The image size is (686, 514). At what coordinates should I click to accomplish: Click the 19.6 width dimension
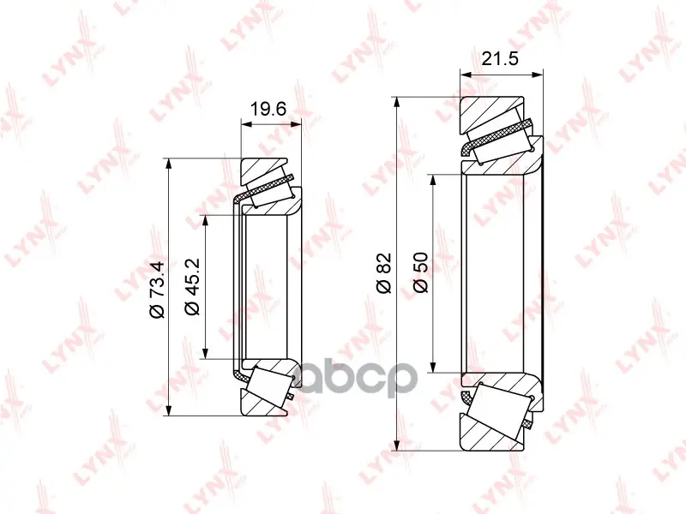(268, 109)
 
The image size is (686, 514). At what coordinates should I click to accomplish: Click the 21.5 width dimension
(500, 58)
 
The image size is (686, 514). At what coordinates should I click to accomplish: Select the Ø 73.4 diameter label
(157, 290)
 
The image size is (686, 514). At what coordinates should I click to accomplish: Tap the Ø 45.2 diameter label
(192, 286)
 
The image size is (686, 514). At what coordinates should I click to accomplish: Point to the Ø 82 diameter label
(383, 272)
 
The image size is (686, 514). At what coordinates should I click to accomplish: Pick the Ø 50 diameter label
(420, 272)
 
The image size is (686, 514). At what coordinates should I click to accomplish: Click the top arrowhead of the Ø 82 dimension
(397, 102)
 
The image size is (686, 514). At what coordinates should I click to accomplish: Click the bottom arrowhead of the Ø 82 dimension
(397, 445)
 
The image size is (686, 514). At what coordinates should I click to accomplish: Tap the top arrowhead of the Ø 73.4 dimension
(169, 164)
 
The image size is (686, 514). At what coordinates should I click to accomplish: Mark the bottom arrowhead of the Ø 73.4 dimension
(169, 410)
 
